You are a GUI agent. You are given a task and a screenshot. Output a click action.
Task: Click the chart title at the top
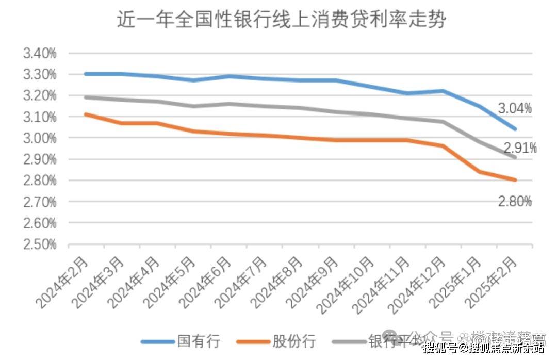tap(281, 20)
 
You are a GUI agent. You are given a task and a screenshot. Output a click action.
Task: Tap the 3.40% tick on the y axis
tap(40, 53)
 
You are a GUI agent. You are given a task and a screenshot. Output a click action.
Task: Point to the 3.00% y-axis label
tap(40, 138)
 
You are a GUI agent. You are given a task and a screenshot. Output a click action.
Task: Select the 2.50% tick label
tap(40, 244)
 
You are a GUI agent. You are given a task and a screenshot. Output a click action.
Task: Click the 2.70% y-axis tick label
tap(40, 202)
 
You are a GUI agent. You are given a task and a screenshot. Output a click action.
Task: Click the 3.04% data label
tap(514, 108)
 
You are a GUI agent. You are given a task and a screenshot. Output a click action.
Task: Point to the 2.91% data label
tap(520, 149)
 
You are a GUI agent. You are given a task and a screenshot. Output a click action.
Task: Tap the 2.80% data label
tap(514, 202)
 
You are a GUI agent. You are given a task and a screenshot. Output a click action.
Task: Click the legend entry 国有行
tap(199, 341)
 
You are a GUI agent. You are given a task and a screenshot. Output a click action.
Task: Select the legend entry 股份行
tap(293, 341)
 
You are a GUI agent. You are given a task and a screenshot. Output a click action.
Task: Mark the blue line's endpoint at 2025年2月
tap(515, 129)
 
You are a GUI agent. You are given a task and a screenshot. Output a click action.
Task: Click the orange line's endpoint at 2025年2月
tap(515, 180)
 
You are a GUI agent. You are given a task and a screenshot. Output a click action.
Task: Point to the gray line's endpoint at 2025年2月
tap(515, 157)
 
